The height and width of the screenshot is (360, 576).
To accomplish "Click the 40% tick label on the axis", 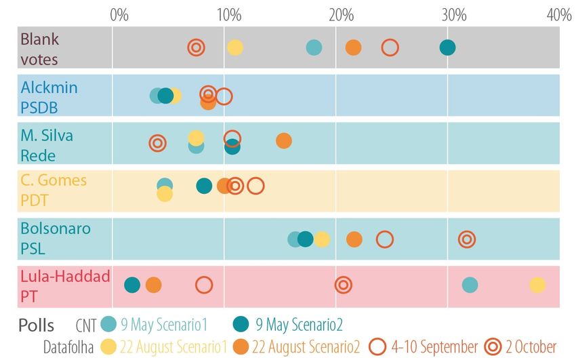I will pos(559,14).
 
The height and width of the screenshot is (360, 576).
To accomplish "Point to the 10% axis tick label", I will pos(228,14).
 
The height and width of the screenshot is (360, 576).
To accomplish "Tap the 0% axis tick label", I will pos(119,14).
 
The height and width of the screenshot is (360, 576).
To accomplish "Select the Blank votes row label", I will pos(39,49).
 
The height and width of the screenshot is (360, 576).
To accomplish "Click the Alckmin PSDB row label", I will pos(49,98).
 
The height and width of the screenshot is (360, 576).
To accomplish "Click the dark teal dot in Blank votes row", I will pos(447,47).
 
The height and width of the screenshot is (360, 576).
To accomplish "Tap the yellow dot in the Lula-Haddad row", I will pos(537,285).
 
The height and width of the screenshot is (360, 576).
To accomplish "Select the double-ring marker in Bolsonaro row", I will pos(466,239).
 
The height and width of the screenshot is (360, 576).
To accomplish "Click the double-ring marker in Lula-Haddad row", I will pos(344,285).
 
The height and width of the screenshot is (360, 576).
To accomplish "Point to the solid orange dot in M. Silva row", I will pos(284,141).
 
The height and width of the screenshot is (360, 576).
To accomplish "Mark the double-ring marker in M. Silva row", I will pos(158,143).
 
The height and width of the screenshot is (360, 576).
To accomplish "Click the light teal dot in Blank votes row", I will pos(314,47).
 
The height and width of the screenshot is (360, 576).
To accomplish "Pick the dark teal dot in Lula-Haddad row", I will pos(132,285).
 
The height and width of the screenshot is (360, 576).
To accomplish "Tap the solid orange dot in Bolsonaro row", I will pos(354,239).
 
